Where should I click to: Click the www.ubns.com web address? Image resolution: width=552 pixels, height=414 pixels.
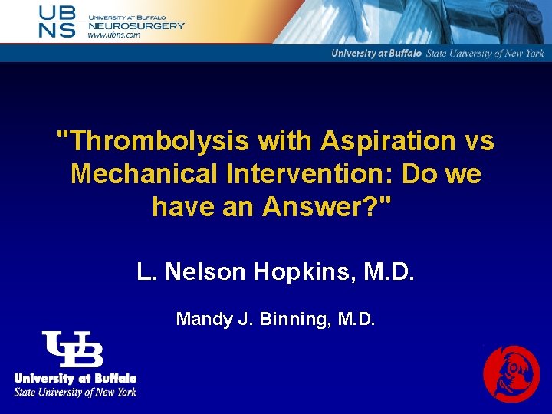pos(113,35)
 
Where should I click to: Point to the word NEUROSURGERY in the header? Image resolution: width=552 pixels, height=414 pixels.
pos(136,25)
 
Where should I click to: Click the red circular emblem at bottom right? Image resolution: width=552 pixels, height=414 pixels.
pos(511,374)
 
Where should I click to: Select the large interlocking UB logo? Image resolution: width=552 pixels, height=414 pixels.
pos(73,350)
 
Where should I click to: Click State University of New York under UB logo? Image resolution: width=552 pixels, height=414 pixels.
pos(75,392)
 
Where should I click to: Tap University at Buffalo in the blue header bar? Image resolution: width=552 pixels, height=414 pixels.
pos(376,54)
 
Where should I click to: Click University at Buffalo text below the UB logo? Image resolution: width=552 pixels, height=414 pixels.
pos(75,379)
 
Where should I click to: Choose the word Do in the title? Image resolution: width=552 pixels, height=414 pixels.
pos(420,174)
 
